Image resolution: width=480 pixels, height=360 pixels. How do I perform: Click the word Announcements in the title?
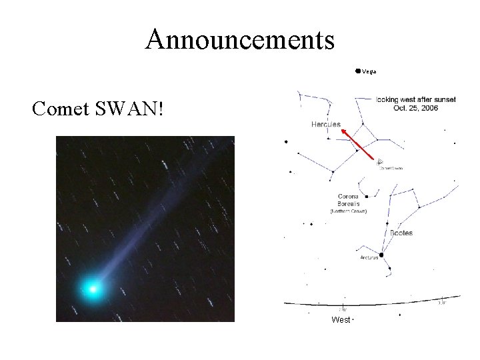pos(240,39)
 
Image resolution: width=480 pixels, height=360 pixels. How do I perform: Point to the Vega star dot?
pos(358,70)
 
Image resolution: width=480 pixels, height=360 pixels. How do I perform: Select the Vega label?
pos(369,71)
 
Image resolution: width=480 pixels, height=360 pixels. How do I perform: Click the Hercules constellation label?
pos(325,125)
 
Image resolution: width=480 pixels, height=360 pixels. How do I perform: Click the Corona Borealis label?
pos(349,200)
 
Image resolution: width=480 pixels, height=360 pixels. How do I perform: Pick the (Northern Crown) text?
pos(349,211)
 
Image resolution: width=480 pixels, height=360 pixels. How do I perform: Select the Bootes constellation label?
pos(401,233)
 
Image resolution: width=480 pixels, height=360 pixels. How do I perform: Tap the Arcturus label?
pos(369,258)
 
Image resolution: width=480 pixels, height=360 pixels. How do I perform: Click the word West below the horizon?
pos(340,320)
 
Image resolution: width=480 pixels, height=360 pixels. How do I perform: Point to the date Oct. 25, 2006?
pos(415,108)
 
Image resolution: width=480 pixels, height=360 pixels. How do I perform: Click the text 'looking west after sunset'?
pos(415,99)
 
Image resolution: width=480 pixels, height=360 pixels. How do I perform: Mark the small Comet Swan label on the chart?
pos(391,168)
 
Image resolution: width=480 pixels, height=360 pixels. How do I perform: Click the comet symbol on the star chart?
pos(379,161)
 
